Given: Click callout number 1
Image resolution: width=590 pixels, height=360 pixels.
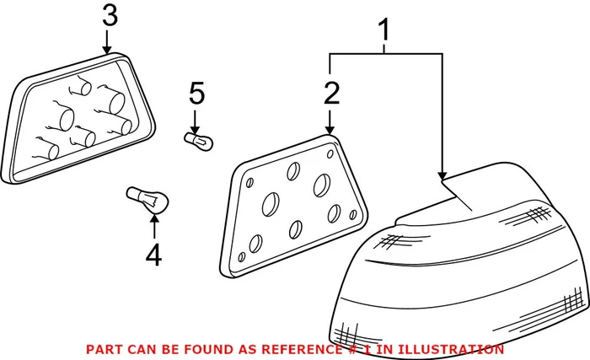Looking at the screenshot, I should [x=384, y=31].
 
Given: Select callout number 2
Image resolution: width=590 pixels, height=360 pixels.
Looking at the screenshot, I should [x=330, y=93].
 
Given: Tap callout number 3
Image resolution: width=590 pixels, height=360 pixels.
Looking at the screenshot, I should [x=110, y=15].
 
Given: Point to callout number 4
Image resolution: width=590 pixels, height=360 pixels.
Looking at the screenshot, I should [x=153, y=254].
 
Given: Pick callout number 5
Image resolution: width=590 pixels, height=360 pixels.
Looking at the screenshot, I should [x=196, y=91].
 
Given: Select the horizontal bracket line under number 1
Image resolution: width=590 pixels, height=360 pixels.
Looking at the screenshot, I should [x=385, y=55].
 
